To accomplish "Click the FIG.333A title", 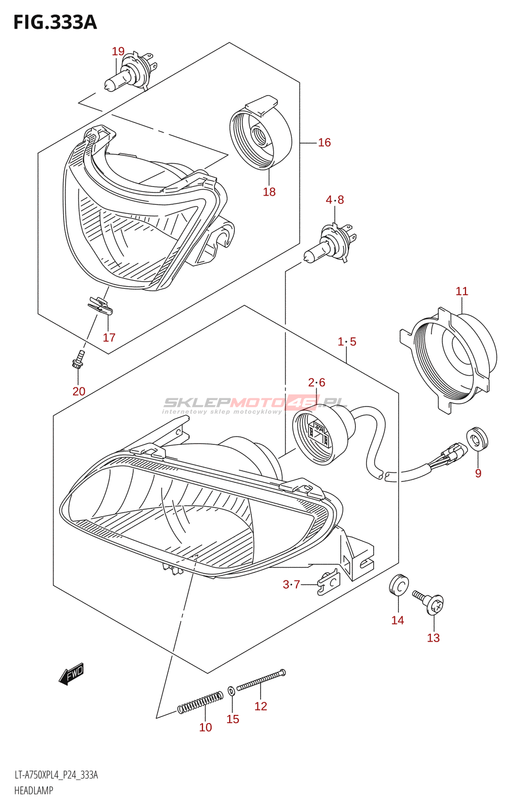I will tap(55, 22).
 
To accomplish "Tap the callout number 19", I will tap(118, 51).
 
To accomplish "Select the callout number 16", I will tap(324, 143).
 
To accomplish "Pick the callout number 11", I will tap(461, 291).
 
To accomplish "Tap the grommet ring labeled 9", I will tap(477, 438).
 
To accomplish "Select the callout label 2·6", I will tap(317, 383).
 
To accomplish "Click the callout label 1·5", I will tap(347, 342).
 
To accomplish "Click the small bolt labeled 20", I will tap(78, 358).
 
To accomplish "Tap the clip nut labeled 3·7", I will tap(328, 582).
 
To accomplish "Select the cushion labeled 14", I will tap(398, 585).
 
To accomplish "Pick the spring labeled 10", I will tap(200, 702).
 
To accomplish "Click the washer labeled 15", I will tap(231, 690).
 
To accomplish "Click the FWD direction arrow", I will tap(71, 674).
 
